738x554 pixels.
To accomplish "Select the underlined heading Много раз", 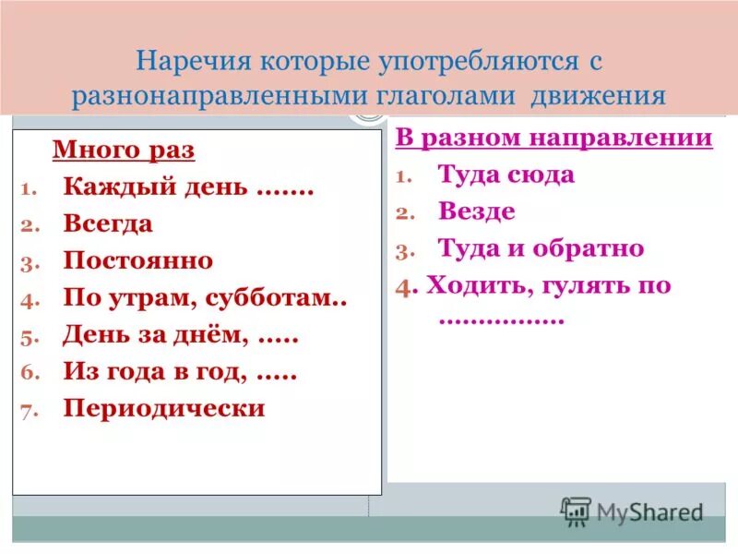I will click(x=124, y=151).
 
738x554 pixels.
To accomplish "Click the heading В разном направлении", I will click(x=554, y=138).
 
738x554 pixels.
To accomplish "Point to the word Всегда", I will click(x=108, y=224).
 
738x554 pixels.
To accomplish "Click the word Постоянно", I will click(x=138, y=261).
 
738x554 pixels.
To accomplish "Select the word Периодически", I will click(x=164, y=408).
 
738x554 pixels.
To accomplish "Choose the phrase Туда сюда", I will click(x=506, y=175).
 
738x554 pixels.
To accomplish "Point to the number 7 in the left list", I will click(x=28, y=411).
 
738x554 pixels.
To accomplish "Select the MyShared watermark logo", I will click(x=633, y=511).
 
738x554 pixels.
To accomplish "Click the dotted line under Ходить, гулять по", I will click(x=502, y=319).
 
